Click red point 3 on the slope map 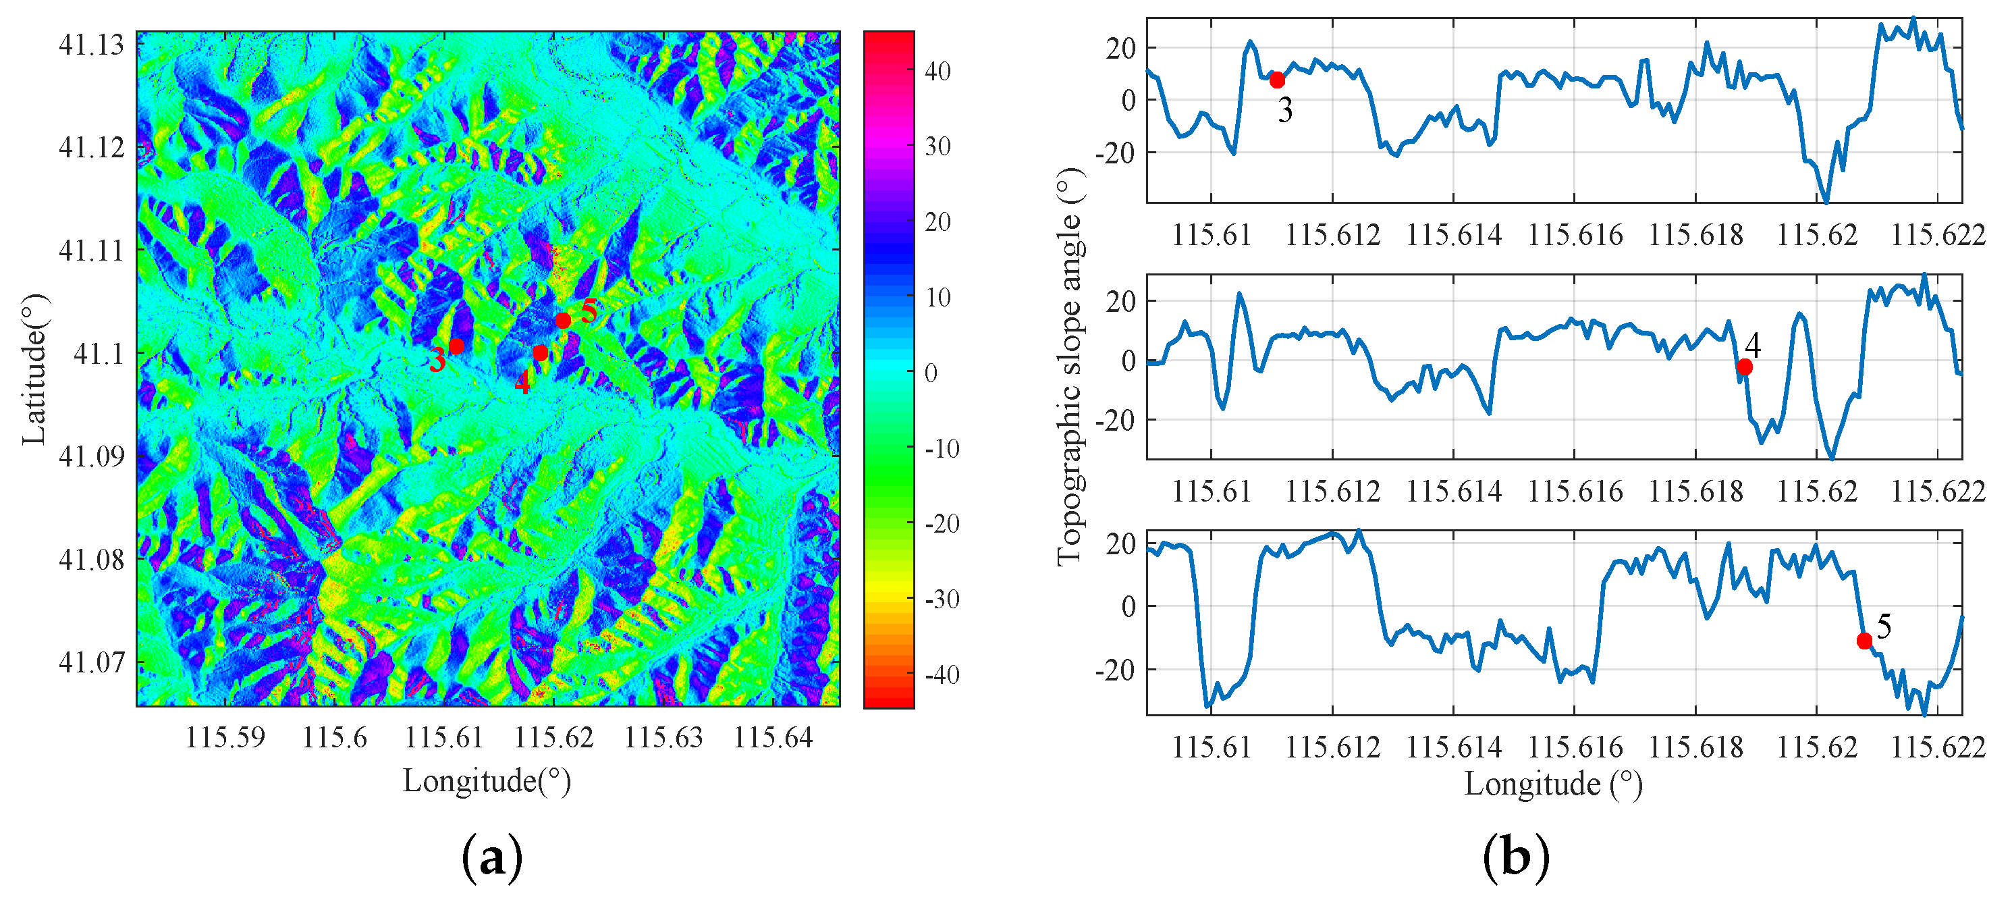(457, 346)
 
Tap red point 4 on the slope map (540, 353)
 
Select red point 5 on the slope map (563, 321)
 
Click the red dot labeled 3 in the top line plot (1277, 80)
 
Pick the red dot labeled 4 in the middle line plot (1744, 367)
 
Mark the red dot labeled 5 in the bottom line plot (1864, 641)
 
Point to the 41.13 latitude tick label (91, 45)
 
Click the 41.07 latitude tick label (91, 662)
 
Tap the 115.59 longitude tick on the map (225, 737)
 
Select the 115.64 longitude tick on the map (773, 737)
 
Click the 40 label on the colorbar (937, 71)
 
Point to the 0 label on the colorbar (931, 373)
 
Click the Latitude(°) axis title (33, 369)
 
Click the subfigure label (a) (492, 858)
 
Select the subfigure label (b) (1515, 858)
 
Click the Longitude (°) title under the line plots (1553, 784)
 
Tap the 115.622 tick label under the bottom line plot (1937, 748)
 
